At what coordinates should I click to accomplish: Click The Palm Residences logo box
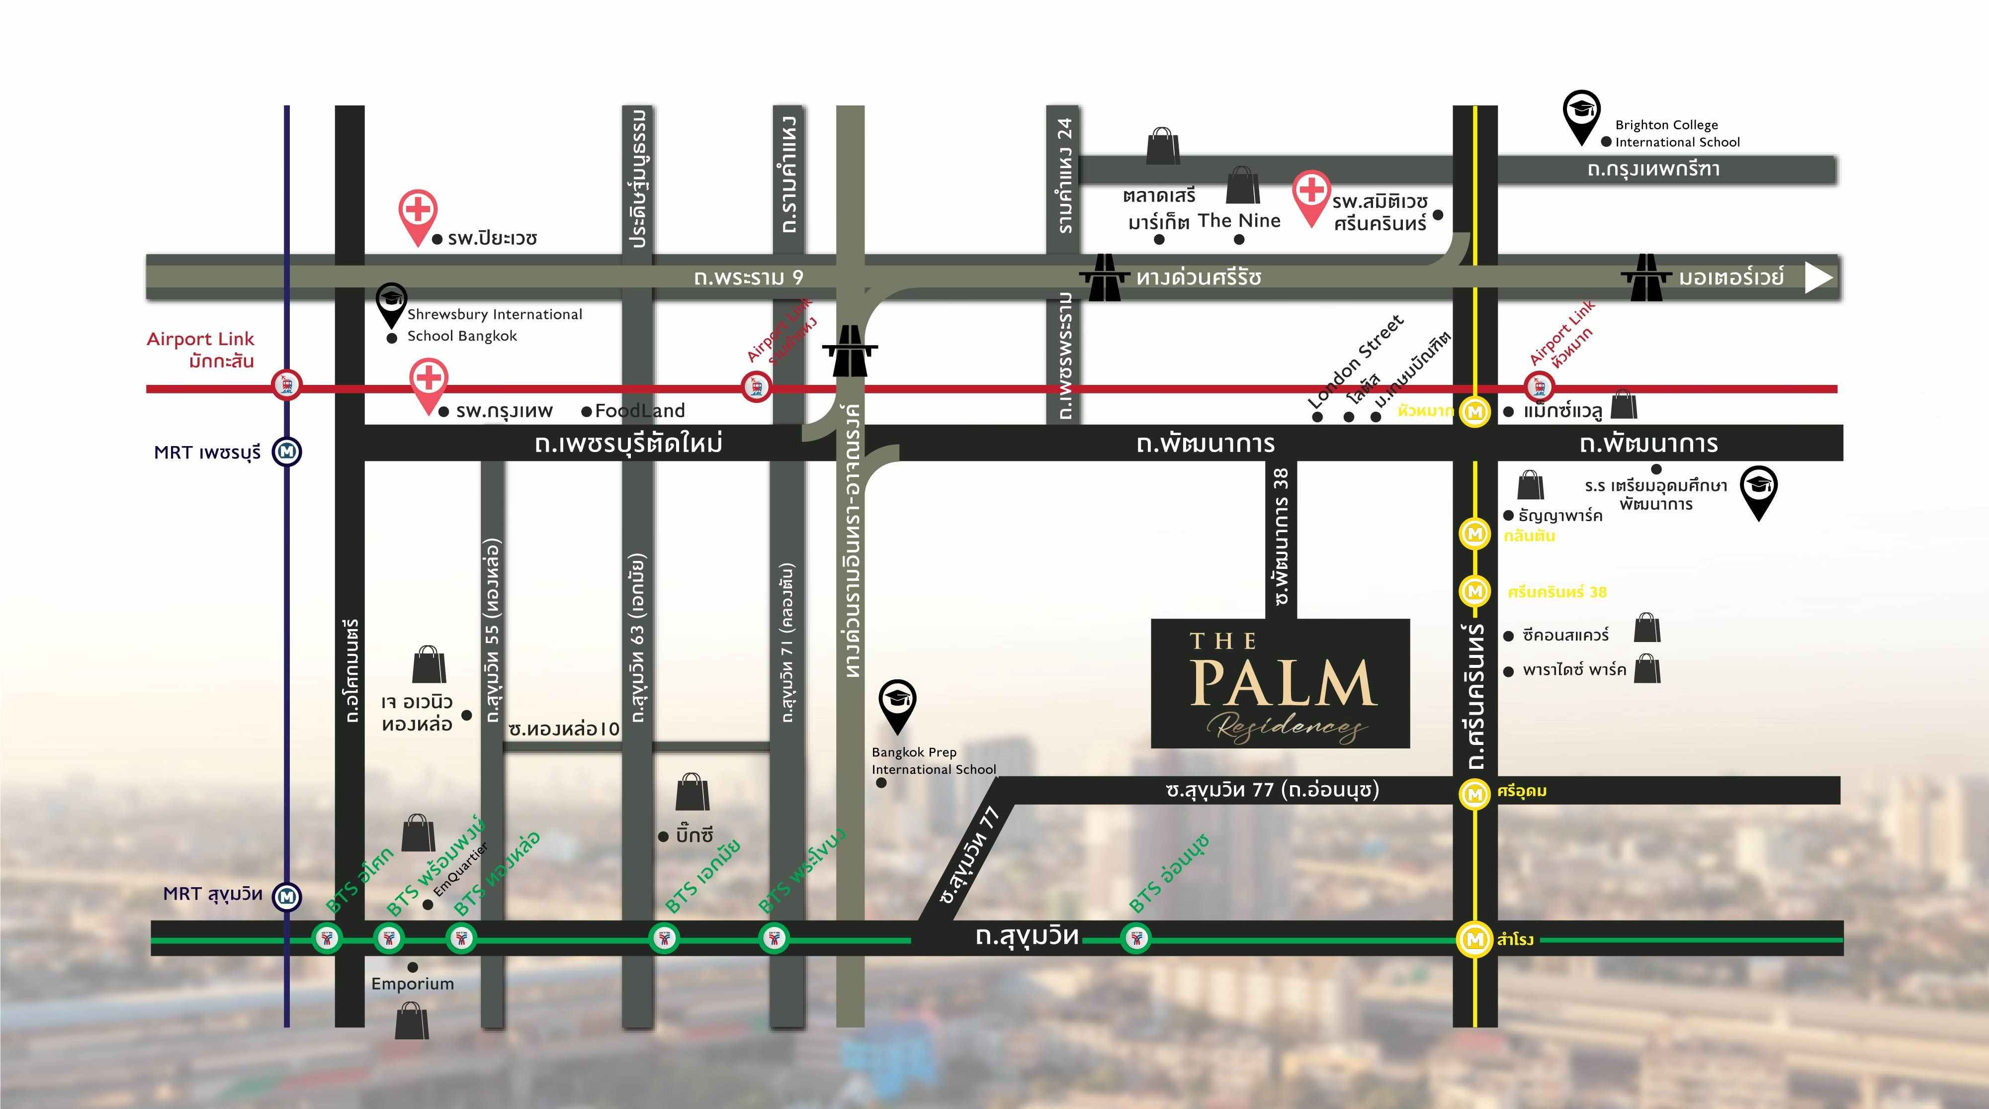click(x=1280, y=683)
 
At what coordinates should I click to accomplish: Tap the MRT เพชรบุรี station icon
click(x=288, y=451)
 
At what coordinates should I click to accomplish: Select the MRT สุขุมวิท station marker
click(x=288, y=896)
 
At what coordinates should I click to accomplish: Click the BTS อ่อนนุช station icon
click(x=1135, y=938)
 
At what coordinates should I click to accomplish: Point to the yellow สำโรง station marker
click(x=1474, y=939)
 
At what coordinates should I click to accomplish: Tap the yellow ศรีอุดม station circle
click(x=1474, y=793)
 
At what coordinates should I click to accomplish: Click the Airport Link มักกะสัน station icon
click(x=288, y=384)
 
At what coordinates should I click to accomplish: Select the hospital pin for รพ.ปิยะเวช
click(x=418, y=215)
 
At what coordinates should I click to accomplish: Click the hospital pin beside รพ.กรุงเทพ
click(x=430, y=383)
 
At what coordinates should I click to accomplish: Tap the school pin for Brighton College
click(x=1580, y=114)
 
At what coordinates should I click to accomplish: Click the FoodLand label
click(x=639, y=411)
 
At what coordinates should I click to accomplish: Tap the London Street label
click(x=1355, y=362)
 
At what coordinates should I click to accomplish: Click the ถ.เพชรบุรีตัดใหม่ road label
click(x=628, y=443)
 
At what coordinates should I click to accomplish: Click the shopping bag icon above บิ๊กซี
click(x=692, y=792)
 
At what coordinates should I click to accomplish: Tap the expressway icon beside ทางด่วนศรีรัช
click(x=1104, y=277)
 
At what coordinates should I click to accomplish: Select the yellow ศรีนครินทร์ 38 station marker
click(x=1474, y=591)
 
